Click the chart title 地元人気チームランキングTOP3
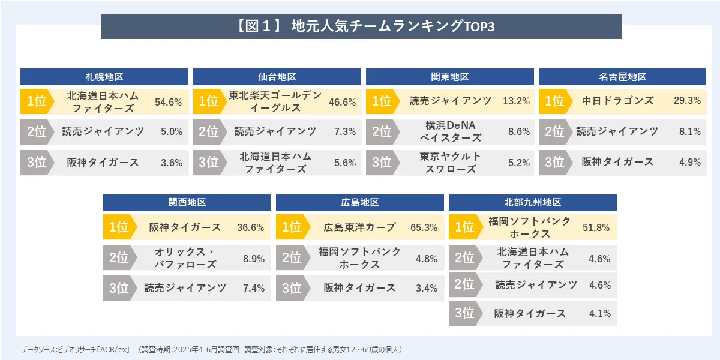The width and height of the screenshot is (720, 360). pyautogui.click(x=362, y=27)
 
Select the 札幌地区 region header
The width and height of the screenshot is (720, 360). pyautogui.click(x=104, y=77)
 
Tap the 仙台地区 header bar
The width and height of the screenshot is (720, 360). pyautogui.click(x=277, y=77)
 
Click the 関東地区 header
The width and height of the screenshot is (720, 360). pyautogui.click(x=449, y=77)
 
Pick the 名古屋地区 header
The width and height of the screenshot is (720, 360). pyautogui.click(x=622, y=77)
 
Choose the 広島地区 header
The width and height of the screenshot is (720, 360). pyautogui.click(x=359, y=203)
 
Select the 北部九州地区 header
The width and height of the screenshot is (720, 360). pyautogui.click(x=532, y=203)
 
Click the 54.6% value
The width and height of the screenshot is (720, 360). pyautogui.click(x=168, y=102)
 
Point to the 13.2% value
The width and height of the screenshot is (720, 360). pyautogui.click(x=516, y=101)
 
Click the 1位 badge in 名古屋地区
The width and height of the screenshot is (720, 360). pyautogui.click(x=553, y=101)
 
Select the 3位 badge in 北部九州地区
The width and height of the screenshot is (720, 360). pyautogui.click(x=464, y=313)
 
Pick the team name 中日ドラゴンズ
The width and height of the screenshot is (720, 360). pyautogui.click(x=617, y=101)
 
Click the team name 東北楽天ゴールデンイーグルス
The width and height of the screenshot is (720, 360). pyautogui.click(x=276, y=101)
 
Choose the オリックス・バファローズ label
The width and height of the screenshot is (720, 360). pyautogui.click(x=185, y=258)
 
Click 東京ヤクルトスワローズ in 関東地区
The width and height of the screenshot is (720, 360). pyautogui.click(x=449, y=163)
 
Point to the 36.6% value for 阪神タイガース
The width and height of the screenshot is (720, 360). pyautogui.click(x=251, y=228)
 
